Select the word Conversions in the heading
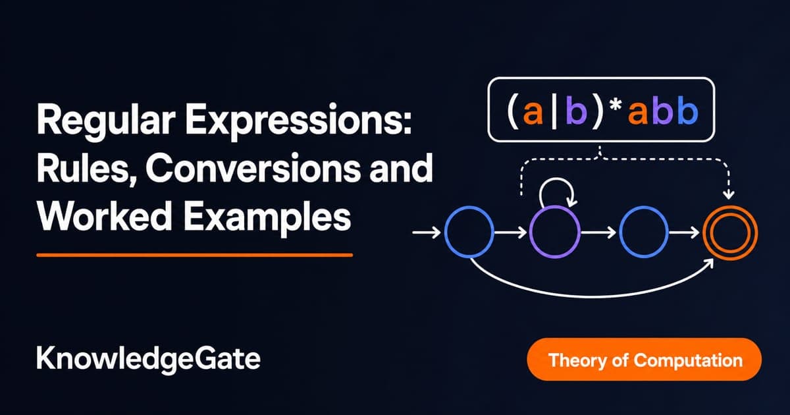252,168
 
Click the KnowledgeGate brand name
148,359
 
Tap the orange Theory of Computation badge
644,360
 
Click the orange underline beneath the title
195,255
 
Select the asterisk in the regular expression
616,105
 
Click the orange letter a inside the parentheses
533,112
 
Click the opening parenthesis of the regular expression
513,111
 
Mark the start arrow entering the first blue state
427,232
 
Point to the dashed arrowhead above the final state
729,194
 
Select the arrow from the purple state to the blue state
598,232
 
